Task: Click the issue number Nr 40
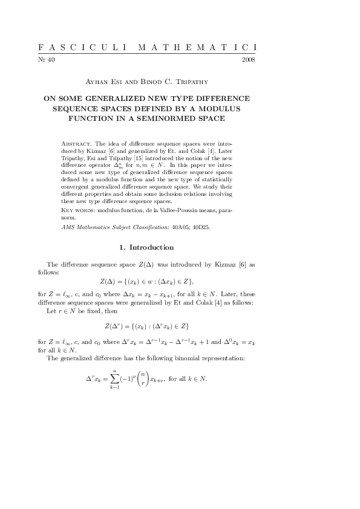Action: click(46, 60)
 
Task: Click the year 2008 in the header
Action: click(248, 60)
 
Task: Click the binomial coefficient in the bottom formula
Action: click(142, 379)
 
